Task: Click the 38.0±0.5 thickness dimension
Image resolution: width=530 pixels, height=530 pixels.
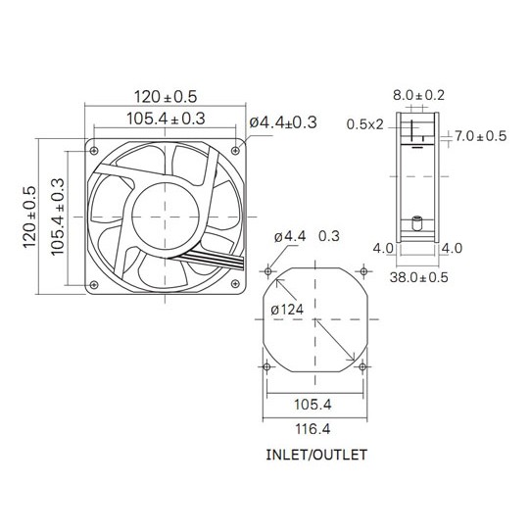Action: [x=418, y=277]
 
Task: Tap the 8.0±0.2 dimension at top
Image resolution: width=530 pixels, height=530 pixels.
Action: [x=418, y=95]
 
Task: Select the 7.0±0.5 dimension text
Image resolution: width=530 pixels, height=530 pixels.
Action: [x=480, y=136]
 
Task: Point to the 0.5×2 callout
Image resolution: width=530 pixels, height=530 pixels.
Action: [x=365, y=124]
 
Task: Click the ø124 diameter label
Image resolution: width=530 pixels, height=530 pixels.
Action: [x=287, y=310]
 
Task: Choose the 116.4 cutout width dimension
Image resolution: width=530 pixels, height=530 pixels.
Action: [x=313, y=429]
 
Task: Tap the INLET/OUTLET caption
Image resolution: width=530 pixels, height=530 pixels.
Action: [x=316, y=455]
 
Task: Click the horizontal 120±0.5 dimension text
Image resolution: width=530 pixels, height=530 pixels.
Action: [x=166, y=97]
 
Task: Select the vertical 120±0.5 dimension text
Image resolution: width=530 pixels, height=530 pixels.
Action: [x=29, y=217]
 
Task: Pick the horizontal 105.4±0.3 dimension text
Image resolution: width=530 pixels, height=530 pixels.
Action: [x=166, y=119]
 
